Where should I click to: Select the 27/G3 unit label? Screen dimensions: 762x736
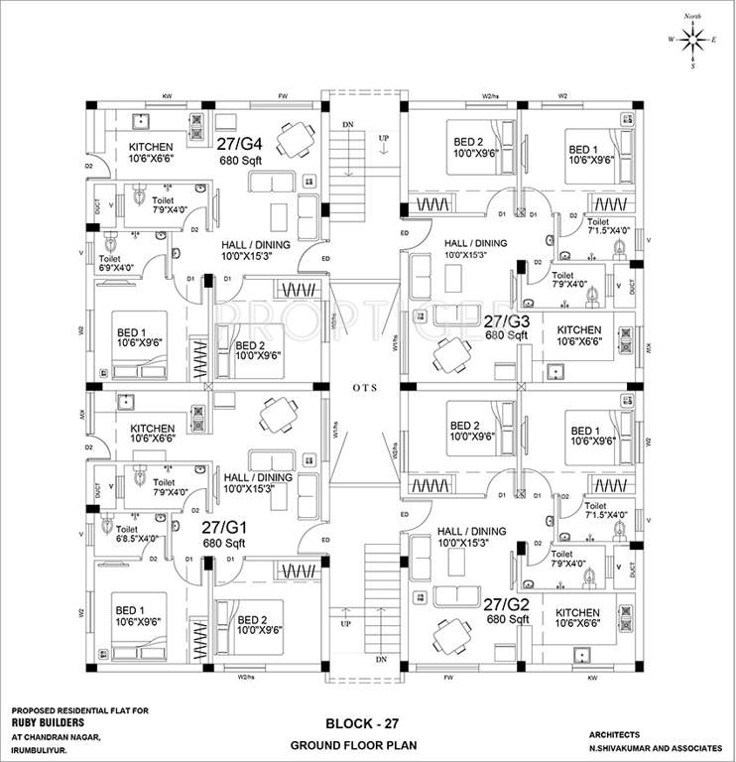point(507,321)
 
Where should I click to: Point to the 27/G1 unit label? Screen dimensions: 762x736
point(223,528)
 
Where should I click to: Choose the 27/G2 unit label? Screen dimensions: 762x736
point(507,603)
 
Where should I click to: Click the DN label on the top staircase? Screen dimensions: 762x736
point(347,126)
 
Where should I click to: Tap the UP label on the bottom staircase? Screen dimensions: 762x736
point(345,624)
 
